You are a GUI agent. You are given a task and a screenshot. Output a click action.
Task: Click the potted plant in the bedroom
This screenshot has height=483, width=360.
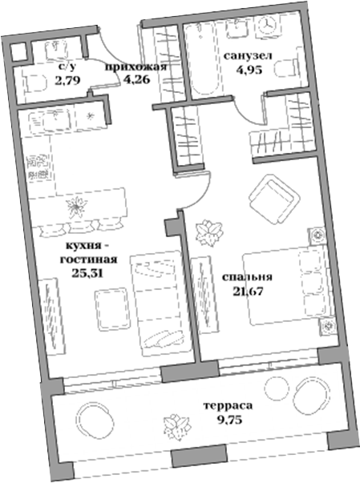point(209,233)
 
